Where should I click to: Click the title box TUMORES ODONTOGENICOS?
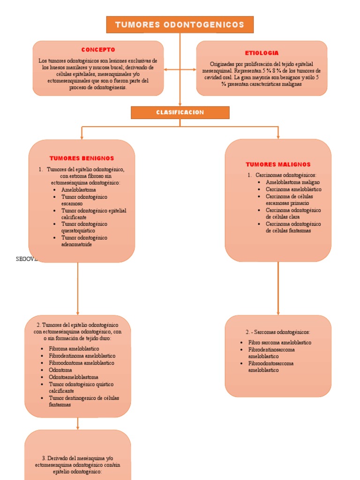[180, 24]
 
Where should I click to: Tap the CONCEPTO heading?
[98, 50]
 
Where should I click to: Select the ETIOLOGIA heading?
[262, 53]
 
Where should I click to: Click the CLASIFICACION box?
[180, 112]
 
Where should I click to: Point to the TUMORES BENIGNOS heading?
[82, 158]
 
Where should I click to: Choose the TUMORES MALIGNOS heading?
[278, 165]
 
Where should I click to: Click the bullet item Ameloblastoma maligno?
[292, 182]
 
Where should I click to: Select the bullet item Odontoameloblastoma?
[73, 377]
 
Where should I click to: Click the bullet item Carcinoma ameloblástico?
[293, 189]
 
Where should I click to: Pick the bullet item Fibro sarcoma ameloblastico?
[279, 343]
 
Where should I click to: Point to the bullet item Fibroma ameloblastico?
[74, 349]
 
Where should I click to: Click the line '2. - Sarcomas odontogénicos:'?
[278, 332]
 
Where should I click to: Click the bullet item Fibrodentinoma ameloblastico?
[82, 356]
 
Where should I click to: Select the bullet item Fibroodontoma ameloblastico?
[81, 363]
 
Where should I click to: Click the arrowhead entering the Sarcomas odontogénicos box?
[278, 313]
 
